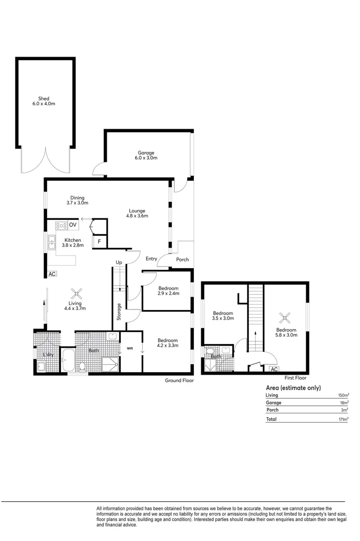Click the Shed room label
(x=44, y=101)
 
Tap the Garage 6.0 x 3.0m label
(x=146, y=155)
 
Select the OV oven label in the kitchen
(x=73, y=225)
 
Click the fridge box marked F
(x=100, y=242)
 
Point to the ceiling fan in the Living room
(x=77, y=294)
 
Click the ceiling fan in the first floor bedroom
(x=285, y=317)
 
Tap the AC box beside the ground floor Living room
(x=52, y=274)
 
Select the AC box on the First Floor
(x=273, y=369)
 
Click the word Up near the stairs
(x=119, y=262)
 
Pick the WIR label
(x=130, y=348)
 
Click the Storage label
(x=119, y=312)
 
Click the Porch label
(x=182, y=259)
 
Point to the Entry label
(x=152, y=259)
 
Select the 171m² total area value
(x=343, y=419)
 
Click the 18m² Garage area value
(x=343, y=403)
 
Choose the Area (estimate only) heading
(x=293, y=388)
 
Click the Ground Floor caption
(x=179, y=381)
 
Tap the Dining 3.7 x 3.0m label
(x=77, y=200)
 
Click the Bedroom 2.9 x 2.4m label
(x=168, y=291)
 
